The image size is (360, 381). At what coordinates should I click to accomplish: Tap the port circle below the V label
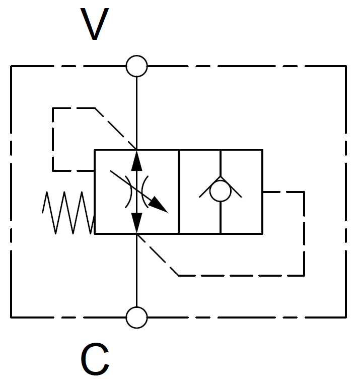click(136, 66)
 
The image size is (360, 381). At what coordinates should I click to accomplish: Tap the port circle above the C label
click(136, 317)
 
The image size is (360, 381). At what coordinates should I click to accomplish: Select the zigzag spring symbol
click(68, 212)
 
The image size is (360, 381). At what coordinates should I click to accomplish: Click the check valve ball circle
click(220, 192)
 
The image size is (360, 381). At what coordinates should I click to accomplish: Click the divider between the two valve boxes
click(179, 192)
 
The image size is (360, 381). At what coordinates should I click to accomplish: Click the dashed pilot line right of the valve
click(304, 232)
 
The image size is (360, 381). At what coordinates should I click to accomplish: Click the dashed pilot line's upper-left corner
click(53, 108)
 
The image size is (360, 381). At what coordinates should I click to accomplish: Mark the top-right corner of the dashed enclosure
click(345, 66)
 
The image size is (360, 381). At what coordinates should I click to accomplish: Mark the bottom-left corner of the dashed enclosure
click(12, 317)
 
